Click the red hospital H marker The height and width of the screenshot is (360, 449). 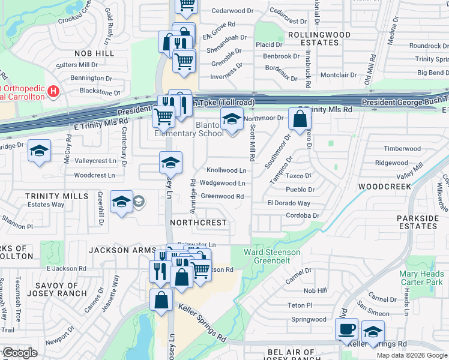(54, 91)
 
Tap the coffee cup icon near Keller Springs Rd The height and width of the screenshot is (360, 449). (347, 329)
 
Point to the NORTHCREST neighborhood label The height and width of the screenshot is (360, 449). (199, 223)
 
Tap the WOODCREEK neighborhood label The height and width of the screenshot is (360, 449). (384, 187)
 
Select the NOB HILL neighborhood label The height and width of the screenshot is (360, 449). (94, 53)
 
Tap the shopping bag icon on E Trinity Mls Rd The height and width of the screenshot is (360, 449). (299, 119)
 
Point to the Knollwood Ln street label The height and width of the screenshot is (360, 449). (226, 171)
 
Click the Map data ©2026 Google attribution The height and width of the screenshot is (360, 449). (411, 355)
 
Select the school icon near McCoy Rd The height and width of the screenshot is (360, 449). (39, 151)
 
